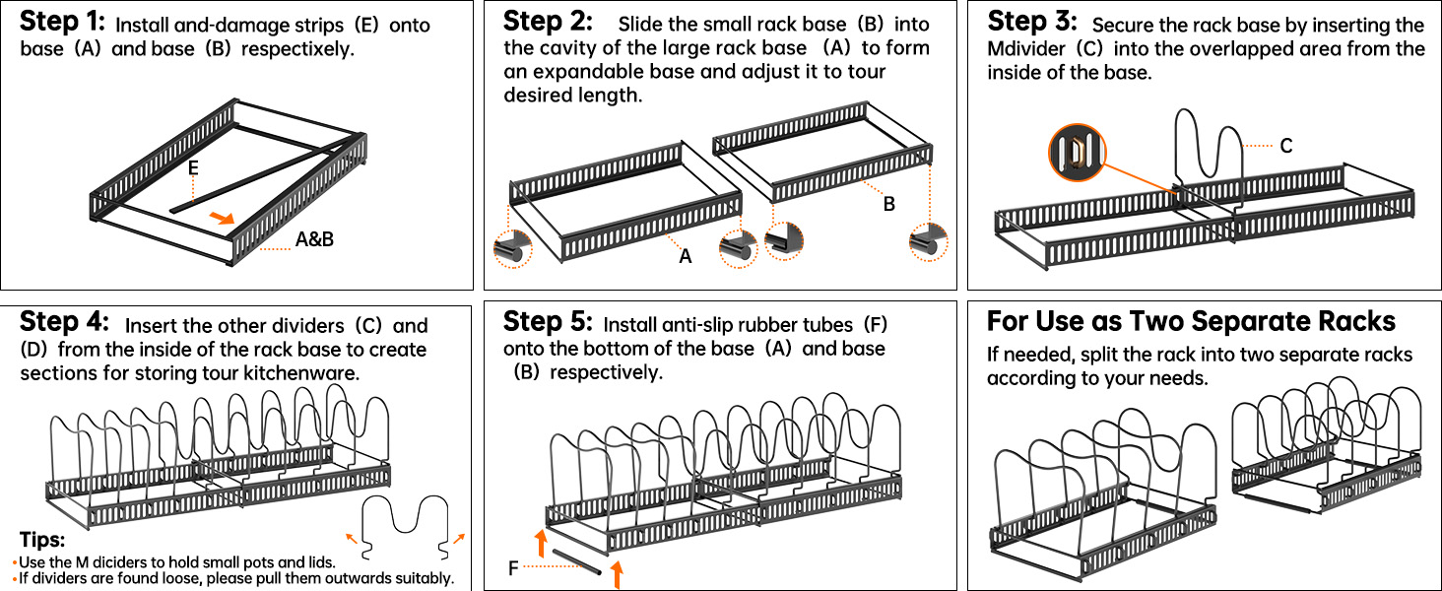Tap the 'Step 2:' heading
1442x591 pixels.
[x=548, y=21]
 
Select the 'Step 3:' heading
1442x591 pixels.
[x=1031, y=21]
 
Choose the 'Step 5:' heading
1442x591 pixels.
[x=548, y=322]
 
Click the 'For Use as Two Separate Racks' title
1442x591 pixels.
[x=1191, y=322]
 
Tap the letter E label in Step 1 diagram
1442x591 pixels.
[x=193, y=169]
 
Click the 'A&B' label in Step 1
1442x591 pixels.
[x=314, y=238]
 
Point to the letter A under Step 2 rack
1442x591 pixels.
[x=686, y=256]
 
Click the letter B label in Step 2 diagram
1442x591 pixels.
[x=888, y=204]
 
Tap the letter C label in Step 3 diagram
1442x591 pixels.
[x=1285, y=146]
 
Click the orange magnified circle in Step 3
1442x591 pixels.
[x=1078, y=153]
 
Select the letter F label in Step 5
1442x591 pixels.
[x=513, y=567]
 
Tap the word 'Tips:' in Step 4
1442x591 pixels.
[x=42, y=541]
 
